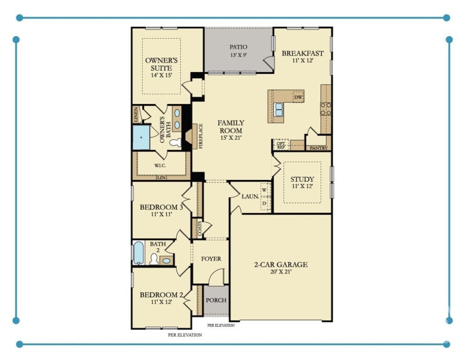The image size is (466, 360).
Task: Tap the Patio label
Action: point(238,51)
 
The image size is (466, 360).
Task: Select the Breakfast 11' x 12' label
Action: point(303,57)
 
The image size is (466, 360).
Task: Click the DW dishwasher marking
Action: point(298,97)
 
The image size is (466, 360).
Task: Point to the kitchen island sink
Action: point(279,110)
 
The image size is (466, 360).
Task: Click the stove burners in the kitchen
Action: point(325,109)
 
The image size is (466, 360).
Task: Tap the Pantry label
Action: point(318,148)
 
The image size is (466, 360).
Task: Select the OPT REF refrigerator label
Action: point(281,145)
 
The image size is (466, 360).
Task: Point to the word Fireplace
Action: point(201,136)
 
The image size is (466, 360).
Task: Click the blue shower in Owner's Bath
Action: point(141,137)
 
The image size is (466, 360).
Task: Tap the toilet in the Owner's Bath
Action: point(175,142)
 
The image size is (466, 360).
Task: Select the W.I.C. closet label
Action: point(161,166)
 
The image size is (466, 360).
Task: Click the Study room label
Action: point(302,182)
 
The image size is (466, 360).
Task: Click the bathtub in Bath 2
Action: point(139,253)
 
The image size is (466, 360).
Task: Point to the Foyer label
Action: point(211,259)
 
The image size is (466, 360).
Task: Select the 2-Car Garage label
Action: point(281,268)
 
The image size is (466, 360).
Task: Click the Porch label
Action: point(216,300)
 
